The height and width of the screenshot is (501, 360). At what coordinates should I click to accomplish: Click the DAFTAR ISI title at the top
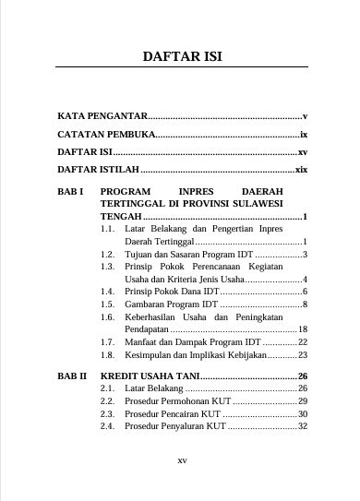click(182, 58)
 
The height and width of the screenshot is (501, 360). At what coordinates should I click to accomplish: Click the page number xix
click(300, 171)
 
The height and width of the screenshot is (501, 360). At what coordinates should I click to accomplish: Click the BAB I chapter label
click(70, 194)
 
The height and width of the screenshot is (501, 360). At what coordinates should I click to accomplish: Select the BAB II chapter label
click(71, 376)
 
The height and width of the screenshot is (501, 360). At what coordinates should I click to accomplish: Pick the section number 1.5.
click(107, 304)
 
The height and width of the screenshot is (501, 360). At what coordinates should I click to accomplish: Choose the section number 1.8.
click(107, 354)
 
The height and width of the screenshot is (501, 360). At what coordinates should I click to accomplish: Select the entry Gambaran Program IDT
click(172, 304)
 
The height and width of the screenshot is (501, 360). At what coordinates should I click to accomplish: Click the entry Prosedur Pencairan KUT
click(175, 414)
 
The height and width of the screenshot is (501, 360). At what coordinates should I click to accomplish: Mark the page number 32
click(302, 427)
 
